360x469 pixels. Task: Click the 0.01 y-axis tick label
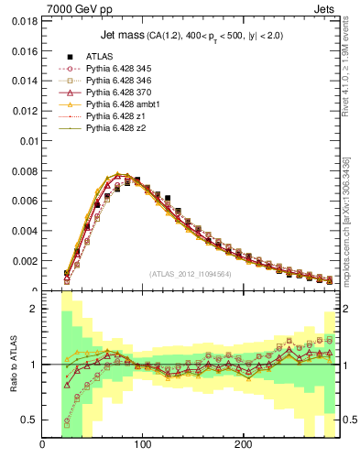[x=27, y=141]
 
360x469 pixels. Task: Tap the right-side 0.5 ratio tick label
[x=347, y=420]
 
